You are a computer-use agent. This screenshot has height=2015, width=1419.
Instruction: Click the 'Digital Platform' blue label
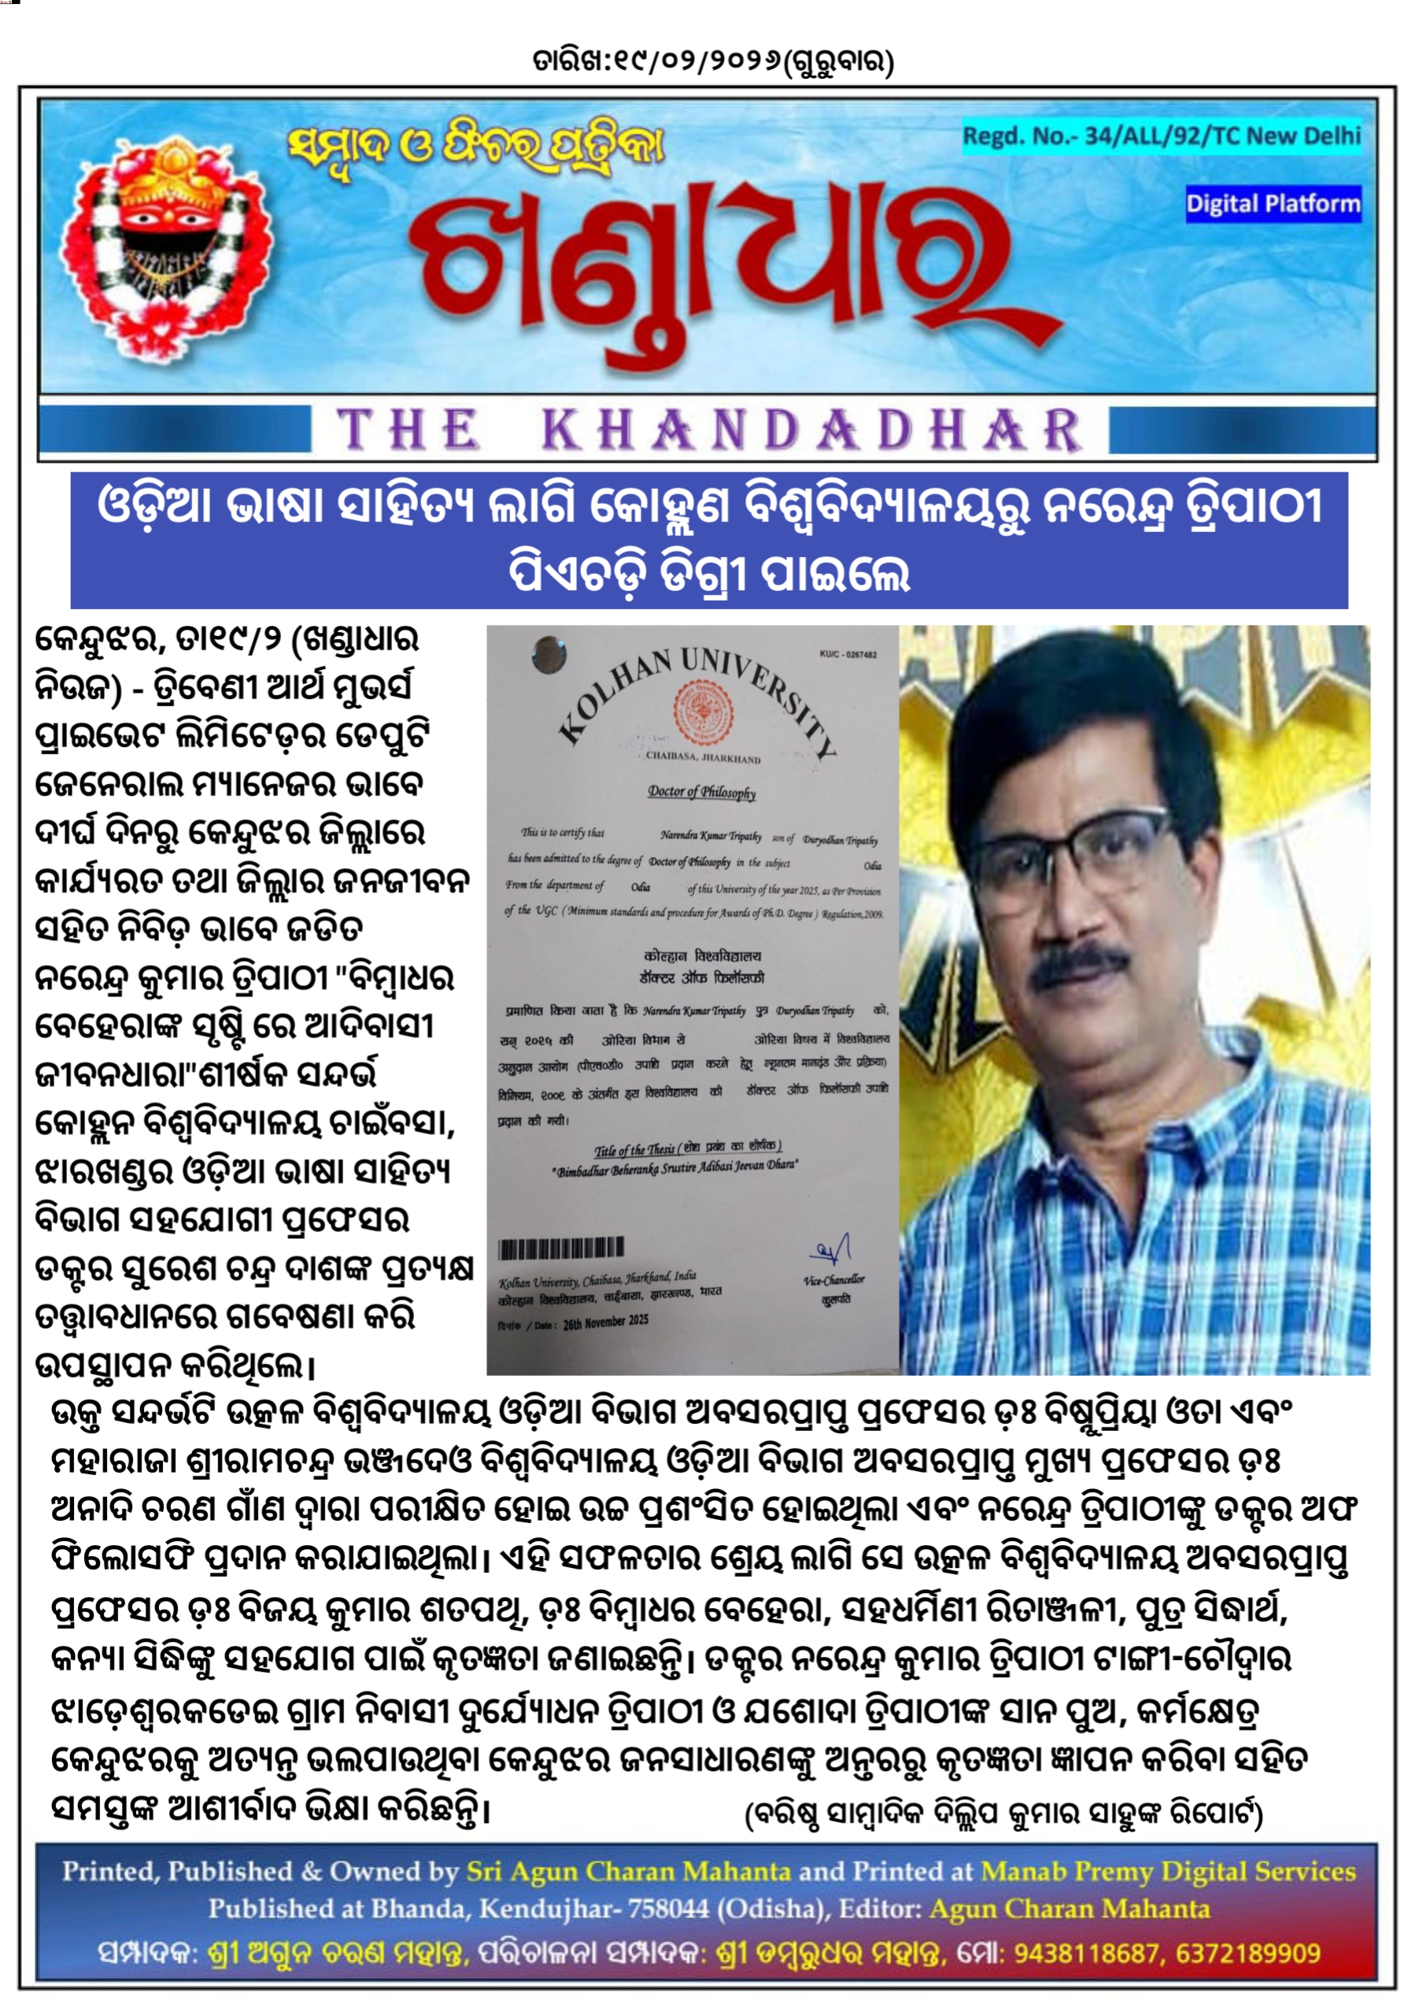pos(1273,204)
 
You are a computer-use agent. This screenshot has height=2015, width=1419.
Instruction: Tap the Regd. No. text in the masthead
pos(1161,136)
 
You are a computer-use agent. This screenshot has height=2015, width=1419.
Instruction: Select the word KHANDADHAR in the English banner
pos(811,431)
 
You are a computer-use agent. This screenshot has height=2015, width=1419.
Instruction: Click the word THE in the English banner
pos(409,431)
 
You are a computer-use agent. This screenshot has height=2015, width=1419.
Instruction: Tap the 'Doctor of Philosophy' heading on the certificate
pos(701,792)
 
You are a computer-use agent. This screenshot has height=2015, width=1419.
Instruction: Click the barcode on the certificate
pos(562,1247)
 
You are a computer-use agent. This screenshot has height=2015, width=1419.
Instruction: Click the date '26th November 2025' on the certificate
pos(605,1321)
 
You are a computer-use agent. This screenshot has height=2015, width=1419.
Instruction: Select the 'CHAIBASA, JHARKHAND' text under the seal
pos(703,757)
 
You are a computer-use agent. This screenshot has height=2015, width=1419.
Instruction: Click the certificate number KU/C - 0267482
pos(848,655)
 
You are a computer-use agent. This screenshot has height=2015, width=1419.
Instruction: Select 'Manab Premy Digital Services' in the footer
pos(1168,1872)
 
